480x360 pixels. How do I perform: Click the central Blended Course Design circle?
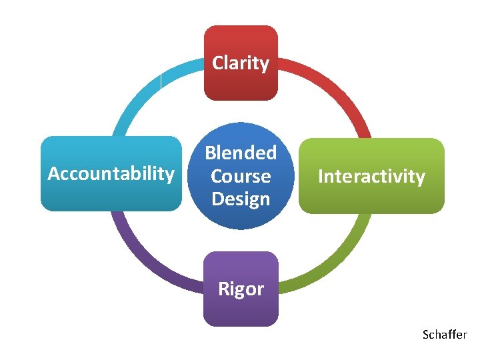click(241, 176)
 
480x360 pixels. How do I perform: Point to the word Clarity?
click(241, 63)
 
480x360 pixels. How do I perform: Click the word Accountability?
click(111, 174)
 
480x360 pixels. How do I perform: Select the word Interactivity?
click(371, 177)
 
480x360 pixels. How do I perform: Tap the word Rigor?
click(241, 290)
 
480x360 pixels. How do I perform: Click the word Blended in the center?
click(241, 153)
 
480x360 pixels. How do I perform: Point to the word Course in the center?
click(241, 176)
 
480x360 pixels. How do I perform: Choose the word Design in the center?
click(241, 199)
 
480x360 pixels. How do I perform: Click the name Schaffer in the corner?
click(445, 335)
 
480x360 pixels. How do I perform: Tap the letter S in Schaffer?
click(426, 335)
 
